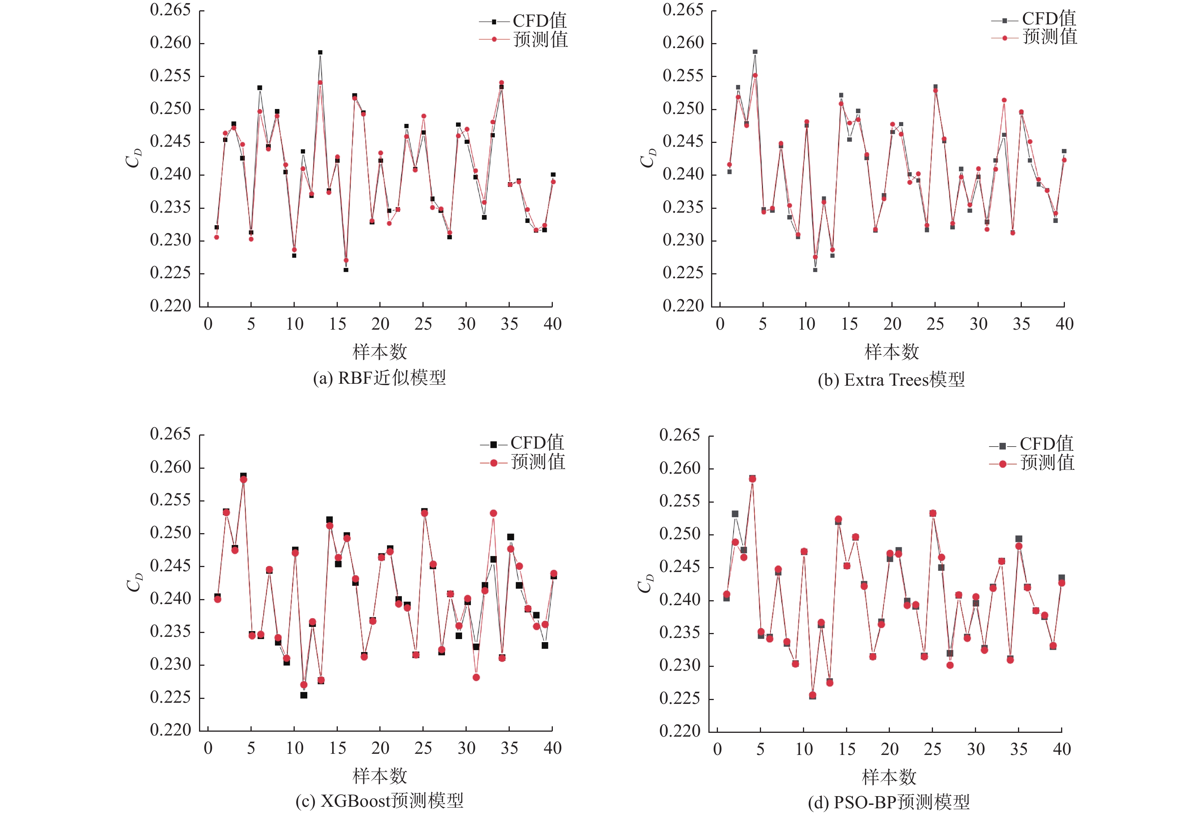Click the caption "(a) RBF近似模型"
point(379,378)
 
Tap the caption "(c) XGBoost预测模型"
point(379,801)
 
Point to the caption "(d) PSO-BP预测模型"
point(889,802)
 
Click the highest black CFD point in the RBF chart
point(320,53)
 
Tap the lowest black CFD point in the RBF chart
point(346,269)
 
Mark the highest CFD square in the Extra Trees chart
point(755,52)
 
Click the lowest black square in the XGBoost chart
point(304,695)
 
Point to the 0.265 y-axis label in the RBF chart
point(170,10)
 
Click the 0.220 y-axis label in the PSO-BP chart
point(679,731)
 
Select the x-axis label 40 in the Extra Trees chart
point(1065,324)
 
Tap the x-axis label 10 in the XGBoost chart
point(295,748)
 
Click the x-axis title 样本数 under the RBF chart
point(379,352)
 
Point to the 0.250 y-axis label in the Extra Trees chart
point(683,109)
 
